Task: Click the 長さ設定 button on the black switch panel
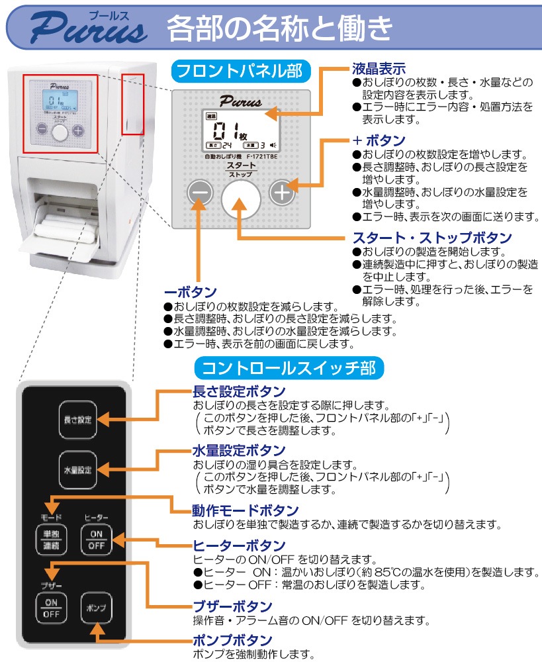77,420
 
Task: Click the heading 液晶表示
379,68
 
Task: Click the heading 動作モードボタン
245,510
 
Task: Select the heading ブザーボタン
232,606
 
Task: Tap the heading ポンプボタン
232,640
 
